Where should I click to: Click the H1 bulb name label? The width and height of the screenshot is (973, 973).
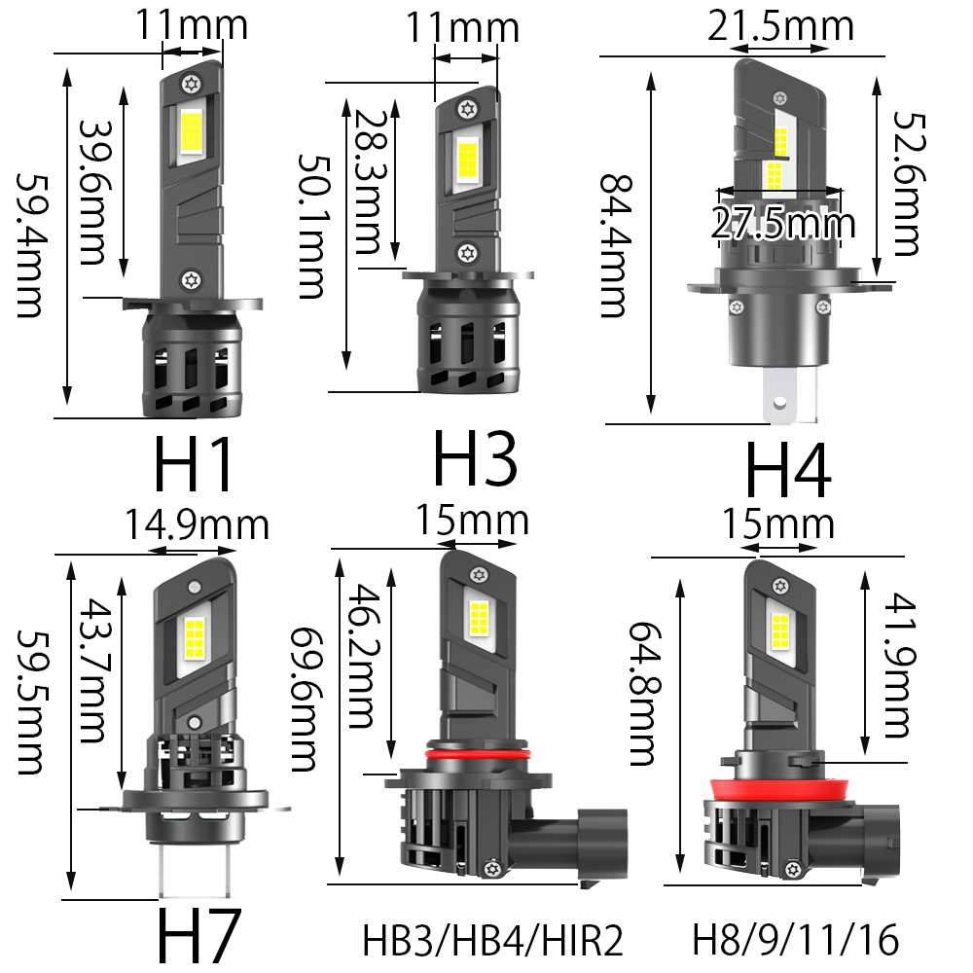click(x=193, y=463)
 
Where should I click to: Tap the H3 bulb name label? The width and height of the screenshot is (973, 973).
click(x=475, y=458)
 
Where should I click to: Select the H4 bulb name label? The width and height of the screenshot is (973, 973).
click(x=787, y=470)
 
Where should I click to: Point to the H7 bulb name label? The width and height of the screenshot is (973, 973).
click(x=198, y=936)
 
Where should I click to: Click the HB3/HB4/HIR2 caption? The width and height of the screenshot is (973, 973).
click(x=492, y=940)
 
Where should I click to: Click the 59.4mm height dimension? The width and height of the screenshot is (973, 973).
click(x=29, y=246)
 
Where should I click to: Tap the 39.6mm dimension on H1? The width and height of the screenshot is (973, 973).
click(x=92, y=193)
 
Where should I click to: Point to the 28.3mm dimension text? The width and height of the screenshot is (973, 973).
click(x=371, y=181)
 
